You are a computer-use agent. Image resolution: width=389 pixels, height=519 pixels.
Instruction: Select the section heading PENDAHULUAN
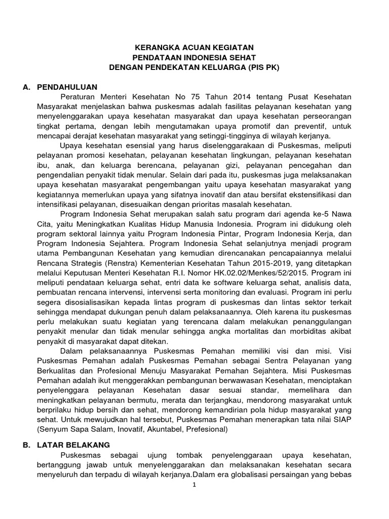pyautogui.click(x=67, y=87)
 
